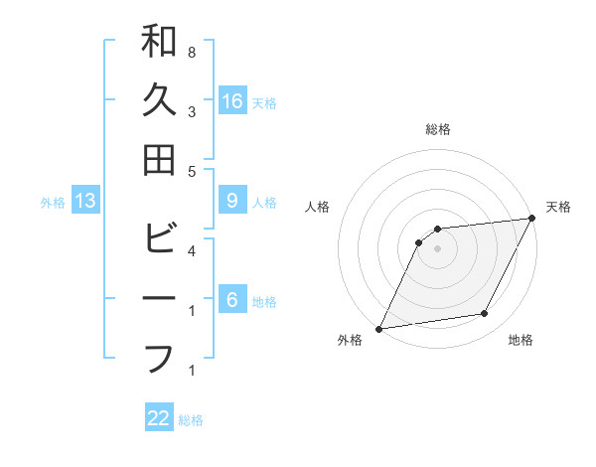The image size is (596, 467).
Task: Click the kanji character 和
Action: point(159,41)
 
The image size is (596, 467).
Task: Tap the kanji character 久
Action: point(159,100)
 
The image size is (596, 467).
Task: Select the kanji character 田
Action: point(159,160)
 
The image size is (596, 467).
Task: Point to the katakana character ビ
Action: point(159,239)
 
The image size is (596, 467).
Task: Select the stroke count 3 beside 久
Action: point(191,112)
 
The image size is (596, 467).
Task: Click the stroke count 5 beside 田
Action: point(191,172)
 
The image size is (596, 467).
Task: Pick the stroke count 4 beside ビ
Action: point(191,251)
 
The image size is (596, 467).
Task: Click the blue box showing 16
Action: point(232,100)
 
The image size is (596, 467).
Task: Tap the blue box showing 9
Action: point(232,201)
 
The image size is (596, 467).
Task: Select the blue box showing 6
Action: point(232,300)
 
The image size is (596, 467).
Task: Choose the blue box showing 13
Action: point(85,201)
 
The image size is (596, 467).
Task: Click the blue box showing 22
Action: point(159,418)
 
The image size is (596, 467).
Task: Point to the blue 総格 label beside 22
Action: point(191,420)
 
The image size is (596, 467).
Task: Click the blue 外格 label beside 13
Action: point(53,203)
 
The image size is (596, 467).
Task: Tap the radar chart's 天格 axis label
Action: point(558,207)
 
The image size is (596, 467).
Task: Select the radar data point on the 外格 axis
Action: point(378,329)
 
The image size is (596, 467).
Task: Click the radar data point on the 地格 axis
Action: point(485,314)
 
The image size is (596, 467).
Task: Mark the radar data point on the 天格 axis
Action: point(532,219)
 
